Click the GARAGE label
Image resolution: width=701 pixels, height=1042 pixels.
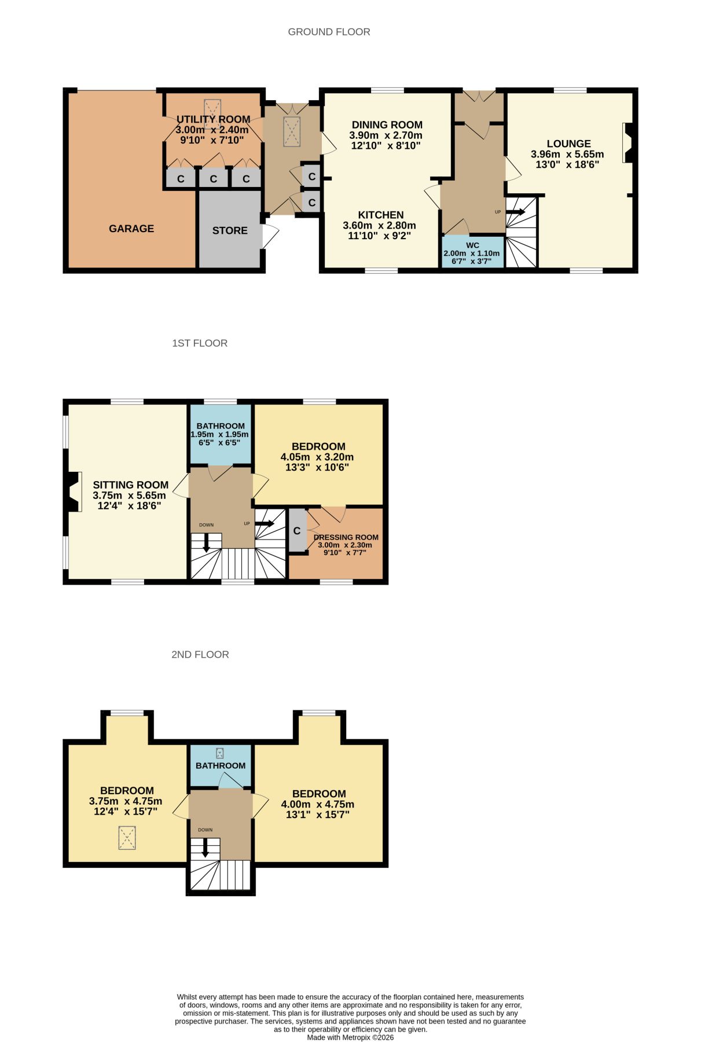point(131,229)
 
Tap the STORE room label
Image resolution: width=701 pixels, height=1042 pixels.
point(230,230)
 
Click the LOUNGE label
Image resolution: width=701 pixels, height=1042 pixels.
point(568,144)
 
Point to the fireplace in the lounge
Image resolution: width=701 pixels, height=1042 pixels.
point(629,142)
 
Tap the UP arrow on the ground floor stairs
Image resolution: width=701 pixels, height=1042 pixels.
point(516,212)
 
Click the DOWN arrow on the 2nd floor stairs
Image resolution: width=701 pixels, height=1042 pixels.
point(205,849)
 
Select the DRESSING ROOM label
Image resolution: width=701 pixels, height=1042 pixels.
point(346,537)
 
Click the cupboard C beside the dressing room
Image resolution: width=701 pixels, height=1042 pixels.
point(297,530)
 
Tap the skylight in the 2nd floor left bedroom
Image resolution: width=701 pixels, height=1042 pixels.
point(127,838)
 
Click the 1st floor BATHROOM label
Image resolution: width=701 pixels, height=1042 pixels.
point(221,425)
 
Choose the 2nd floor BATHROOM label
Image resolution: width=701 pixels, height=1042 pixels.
point(221,765)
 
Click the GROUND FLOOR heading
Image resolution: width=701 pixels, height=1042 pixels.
point(329,32)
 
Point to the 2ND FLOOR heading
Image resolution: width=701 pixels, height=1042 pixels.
point(200,655)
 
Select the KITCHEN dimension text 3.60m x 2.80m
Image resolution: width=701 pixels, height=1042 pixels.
point(379,226)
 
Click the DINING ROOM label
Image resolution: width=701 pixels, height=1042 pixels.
point(387,124)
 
